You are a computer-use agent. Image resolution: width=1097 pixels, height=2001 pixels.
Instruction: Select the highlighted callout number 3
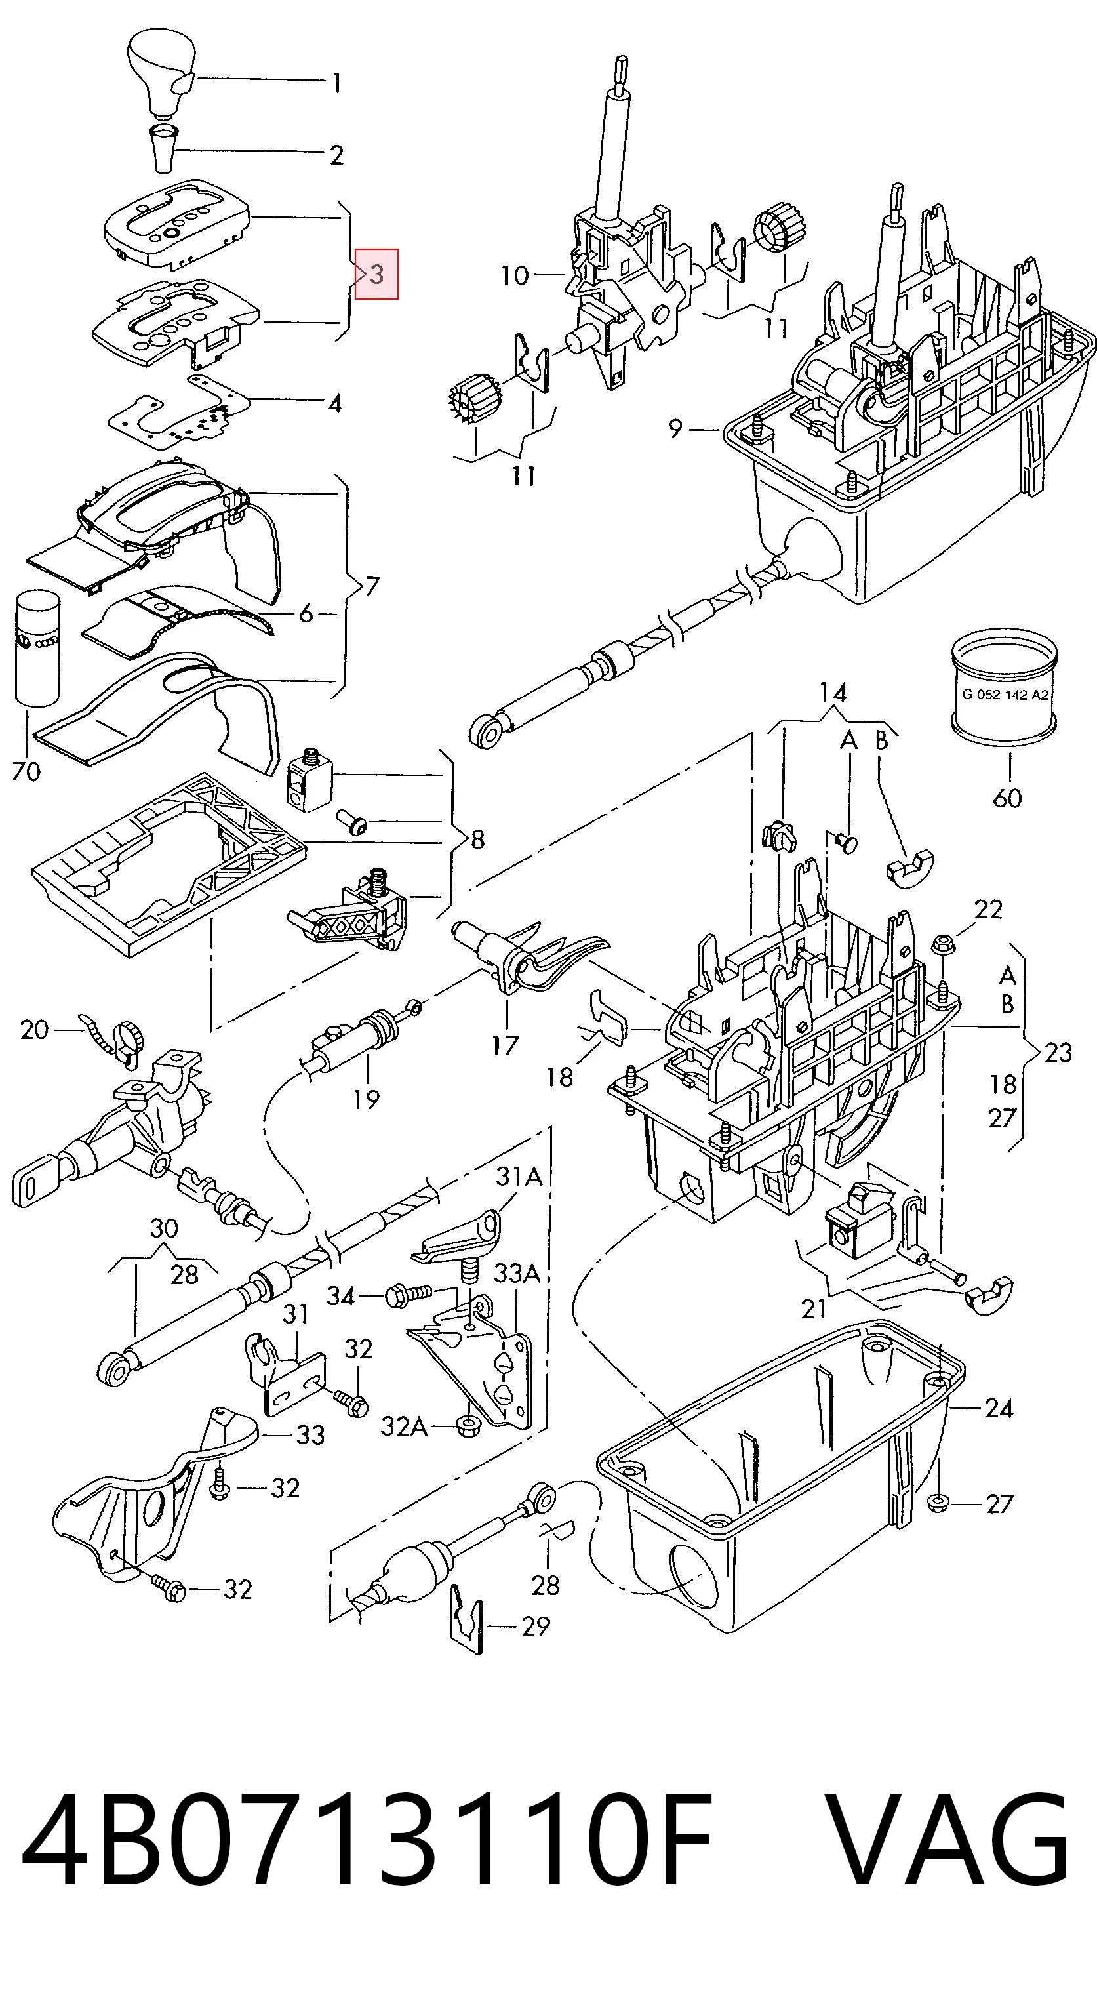376,274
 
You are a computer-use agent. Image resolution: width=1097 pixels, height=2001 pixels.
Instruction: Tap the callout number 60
1007,797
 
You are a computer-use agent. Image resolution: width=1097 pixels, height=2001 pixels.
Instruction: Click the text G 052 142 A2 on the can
1005,695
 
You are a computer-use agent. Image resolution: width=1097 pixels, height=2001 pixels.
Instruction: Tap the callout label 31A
519,1177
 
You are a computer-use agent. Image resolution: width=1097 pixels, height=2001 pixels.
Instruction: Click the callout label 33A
517,1273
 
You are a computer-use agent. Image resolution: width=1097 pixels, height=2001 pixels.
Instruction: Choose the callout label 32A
404,1426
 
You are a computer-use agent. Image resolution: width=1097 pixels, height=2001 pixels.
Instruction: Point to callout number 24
999,1407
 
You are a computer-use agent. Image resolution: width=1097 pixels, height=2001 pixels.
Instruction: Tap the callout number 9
675,428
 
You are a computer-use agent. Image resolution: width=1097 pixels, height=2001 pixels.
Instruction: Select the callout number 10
515,275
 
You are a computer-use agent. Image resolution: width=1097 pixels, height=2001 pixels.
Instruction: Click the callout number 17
505,1045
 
